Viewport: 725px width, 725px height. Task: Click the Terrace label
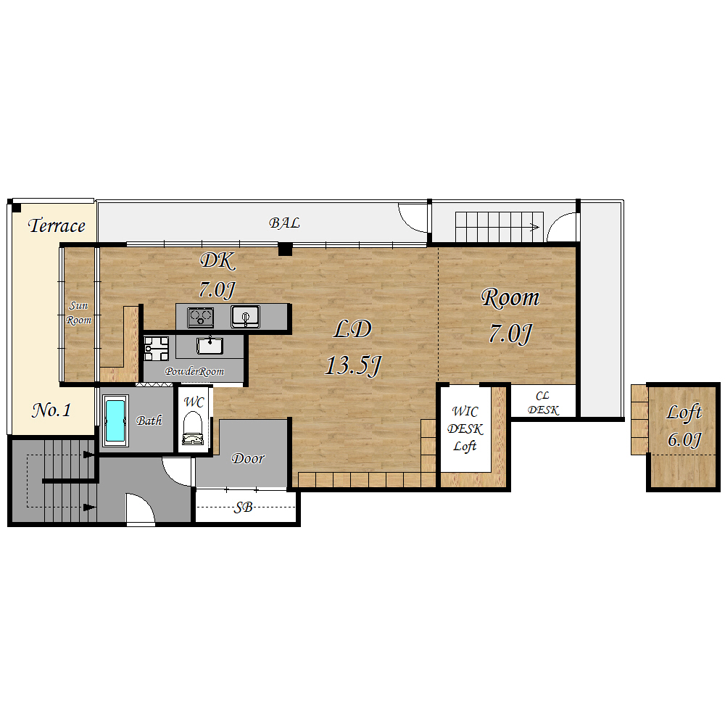click(57, 225)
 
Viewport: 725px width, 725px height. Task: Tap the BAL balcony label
click(284, 223)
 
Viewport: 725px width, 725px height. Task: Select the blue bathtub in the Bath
click(115, 420)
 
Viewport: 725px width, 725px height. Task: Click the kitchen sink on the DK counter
click(245, 317)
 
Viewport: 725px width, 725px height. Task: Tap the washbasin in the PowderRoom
click(210, 345)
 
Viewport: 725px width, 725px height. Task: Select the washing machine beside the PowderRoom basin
click(157, 348)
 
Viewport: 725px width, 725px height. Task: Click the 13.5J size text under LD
click(353, 365)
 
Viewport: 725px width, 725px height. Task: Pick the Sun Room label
click(78, 312)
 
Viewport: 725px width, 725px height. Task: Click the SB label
click(243, 507)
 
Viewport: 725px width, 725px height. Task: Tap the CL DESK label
click(543, 403)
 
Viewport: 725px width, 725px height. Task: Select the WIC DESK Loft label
click(465, 428)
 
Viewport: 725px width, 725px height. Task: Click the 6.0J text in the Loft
click(684, 439)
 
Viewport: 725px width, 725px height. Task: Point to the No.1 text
click(51, 410)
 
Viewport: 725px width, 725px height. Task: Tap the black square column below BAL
click(285, 249)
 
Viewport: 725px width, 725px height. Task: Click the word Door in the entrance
click(248, 458)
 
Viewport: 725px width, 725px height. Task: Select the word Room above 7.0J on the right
click(510, 298)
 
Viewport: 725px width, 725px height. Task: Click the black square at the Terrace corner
click(16, 208)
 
